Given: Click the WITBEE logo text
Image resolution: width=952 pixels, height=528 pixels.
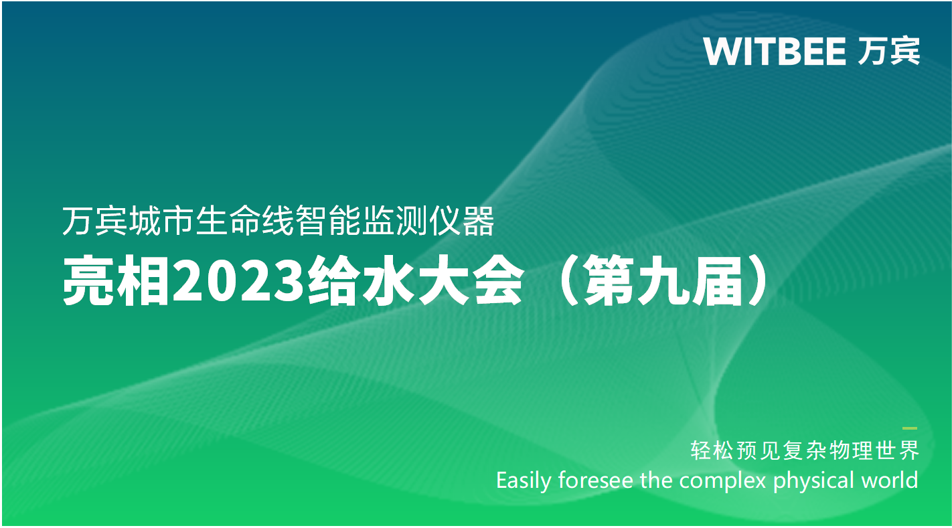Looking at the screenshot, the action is pyautogui.click(x=775, y=52).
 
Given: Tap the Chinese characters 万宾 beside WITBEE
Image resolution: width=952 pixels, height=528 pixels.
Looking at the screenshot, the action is pyautogui.click(x=888, y=51).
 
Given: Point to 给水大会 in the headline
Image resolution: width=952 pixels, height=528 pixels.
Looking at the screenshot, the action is pyautogui.click(x=416, y=281).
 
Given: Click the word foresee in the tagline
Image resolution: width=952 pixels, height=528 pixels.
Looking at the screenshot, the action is pyautogui.click(x=595, y=480).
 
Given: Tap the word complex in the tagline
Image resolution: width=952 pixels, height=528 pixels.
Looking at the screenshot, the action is pyautogui.click(x=722, y=481).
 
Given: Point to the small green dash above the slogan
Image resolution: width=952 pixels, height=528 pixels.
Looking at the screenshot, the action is pyautogui.click(x=910, y=428).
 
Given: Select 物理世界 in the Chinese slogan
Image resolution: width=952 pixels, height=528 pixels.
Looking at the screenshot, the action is pyautogui.click(x=875, y=450).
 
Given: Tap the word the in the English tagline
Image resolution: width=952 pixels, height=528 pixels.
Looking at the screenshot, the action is pyautogui.click(x=656, y=480).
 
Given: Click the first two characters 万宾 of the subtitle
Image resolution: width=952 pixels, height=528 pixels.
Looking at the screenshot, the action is pyautogui.click(x=95, y=221).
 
